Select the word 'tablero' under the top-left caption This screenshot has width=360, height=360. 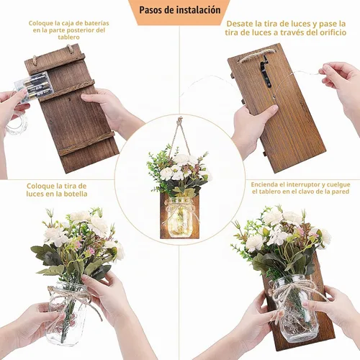click(x=68, y=37)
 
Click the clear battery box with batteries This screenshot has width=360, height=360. click(x=33, y=87)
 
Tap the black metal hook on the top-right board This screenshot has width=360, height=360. click(x=266, y=71)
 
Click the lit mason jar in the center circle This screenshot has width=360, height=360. click(x=180, y=218)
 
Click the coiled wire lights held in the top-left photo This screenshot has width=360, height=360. click(x=17, y=122)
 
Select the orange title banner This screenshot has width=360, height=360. click(x=179, y=12)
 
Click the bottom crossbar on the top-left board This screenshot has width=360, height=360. click(x=86, y=143)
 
